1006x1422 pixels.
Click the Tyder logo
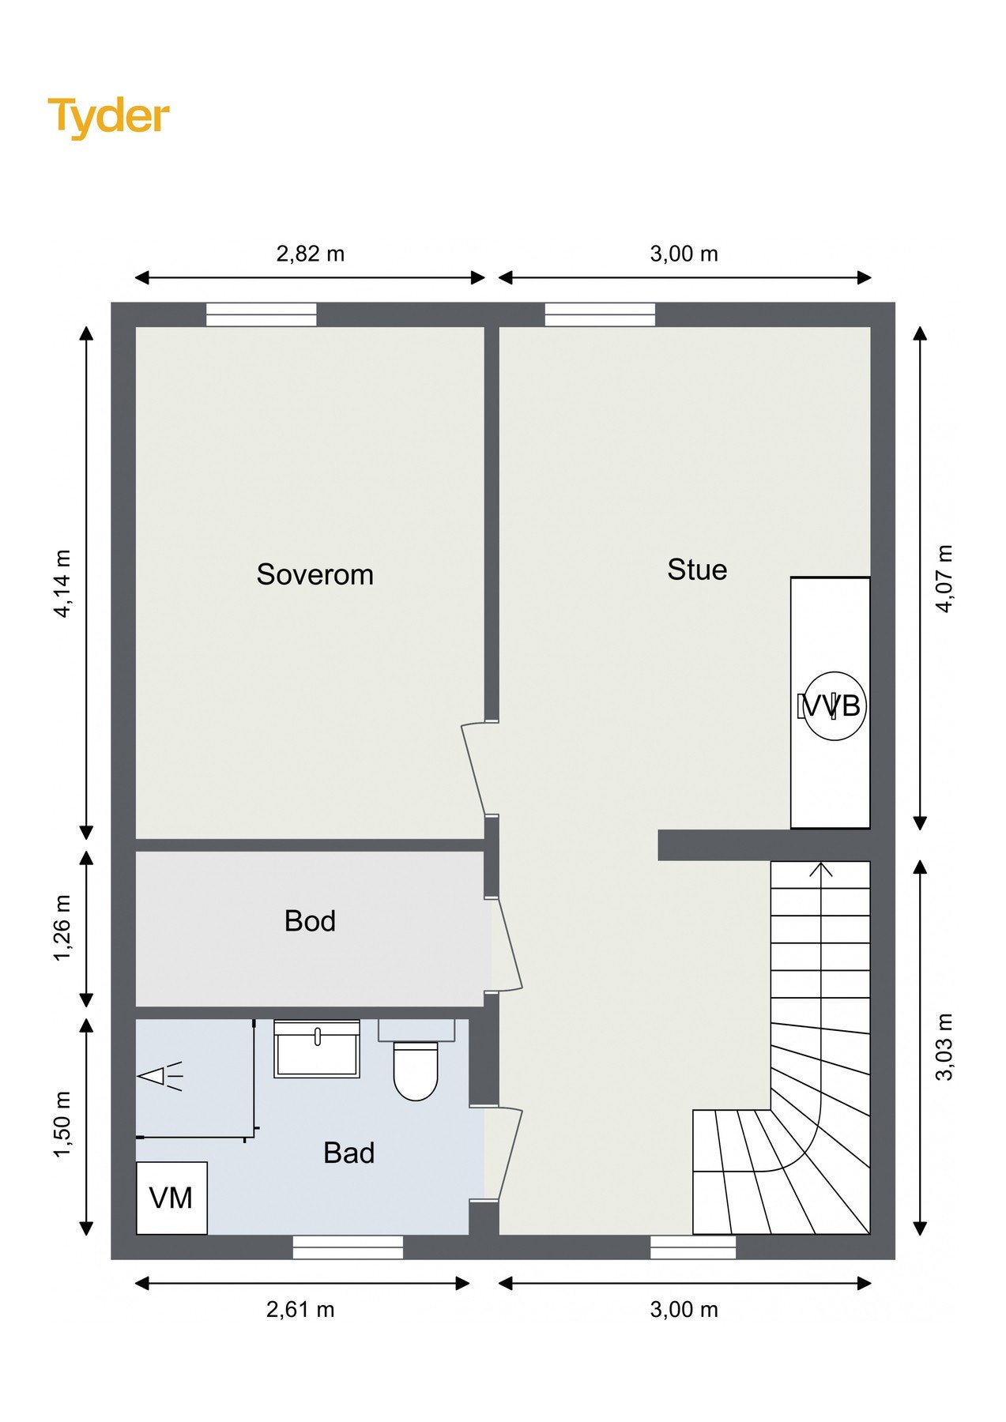point(109,118)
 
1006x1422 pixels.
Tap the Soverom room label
point(315,575)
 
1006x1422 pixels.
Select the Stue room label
point(697,570)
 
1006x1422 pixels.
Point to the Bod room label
point(310,921)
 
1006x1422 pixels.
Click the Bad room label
point(349,1153)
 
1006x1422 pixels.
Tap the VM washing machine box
point(171,1198)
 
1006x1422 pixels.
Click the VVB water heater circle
point(834,705)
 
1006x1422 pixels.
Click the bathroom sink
point(317,1048)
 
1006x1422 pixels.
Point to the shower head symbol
point(160,1075)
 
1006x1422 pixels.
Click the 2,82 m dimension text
point(311,254)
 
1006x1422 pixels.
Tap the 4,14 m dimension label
point(62,584)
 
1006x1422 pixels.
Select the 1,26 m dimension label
point(62,928)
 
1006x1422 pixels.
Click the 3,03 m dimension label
point(944,1046)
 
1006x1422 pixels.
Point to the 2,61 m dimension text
point(300,1310)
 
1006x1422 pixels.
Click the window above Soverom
point(262,314)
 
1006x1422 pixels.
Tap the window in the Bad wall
point(348,1247)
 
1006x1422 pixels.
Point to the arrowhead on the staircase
point(822,869)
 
